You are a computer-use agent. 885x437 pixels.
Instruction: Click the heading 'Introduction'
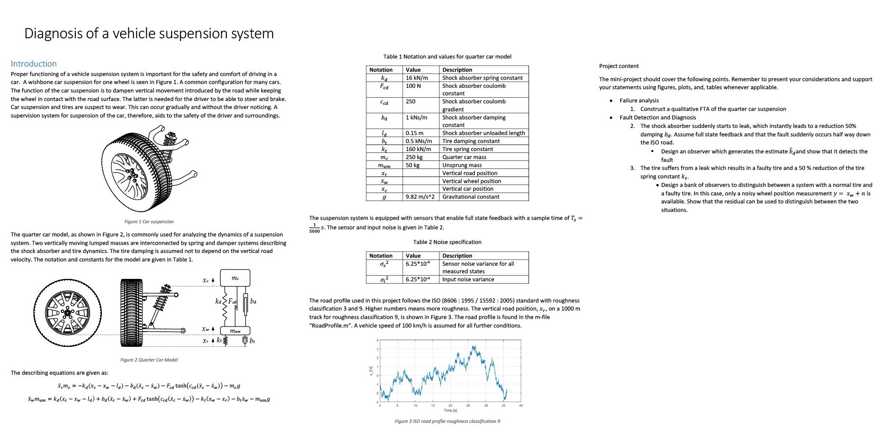point(33,64)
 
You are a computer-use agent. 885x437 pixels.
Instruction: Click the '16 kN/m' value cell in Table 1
point(417,78)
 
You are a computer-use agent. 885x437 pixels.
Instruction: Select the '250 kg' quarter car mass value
point(414,157)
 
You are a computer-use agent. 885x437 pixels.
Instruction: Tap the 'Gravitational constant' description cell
point(471,197)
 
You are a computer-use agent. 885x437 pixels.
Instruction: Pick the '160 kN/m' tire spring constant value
point(418,149)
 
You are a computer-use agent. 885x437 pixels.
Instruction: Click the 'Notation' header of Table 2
point(380,256)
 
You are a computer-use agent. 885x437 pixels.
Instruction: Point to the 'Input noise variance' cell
point(468,279)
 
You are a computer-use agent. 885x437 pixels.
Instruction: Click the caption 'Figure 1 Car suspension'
point(149,221)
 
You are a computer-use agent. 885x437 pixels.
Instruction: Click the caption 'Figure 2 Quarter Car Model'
point(149,360)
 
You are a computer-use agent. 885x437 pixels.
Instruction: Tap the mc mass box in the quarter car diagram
point(236,278)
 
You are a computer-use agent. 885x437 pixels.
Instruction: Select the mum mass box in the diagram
point(235,331)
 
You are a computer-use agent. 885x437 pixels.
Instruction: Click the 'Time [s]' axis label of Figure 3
point(450,411)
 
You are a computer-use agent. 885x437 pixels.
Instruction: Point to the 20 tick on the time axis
point(450,405)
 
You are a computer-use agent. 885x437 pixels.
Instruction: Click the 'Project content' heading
point(619,66)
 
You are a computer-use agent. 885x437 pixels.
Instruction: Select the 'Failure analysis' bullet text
point(639,101)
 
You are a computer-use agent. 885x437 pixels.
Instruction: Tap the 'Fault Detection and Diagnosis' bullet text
point(657,118)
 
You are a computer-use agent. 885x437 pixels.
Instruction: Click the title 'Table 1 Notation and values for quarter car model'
point(447,57)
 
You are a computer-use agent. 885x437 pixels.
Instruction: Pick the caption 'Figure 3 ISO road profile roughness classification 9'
point(447,421)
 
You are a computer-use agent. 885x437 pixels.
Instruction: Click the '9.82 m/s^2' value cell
point(420,197)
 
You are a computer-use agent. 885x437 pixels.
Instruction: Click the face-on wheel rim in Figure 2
point(67,313)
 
